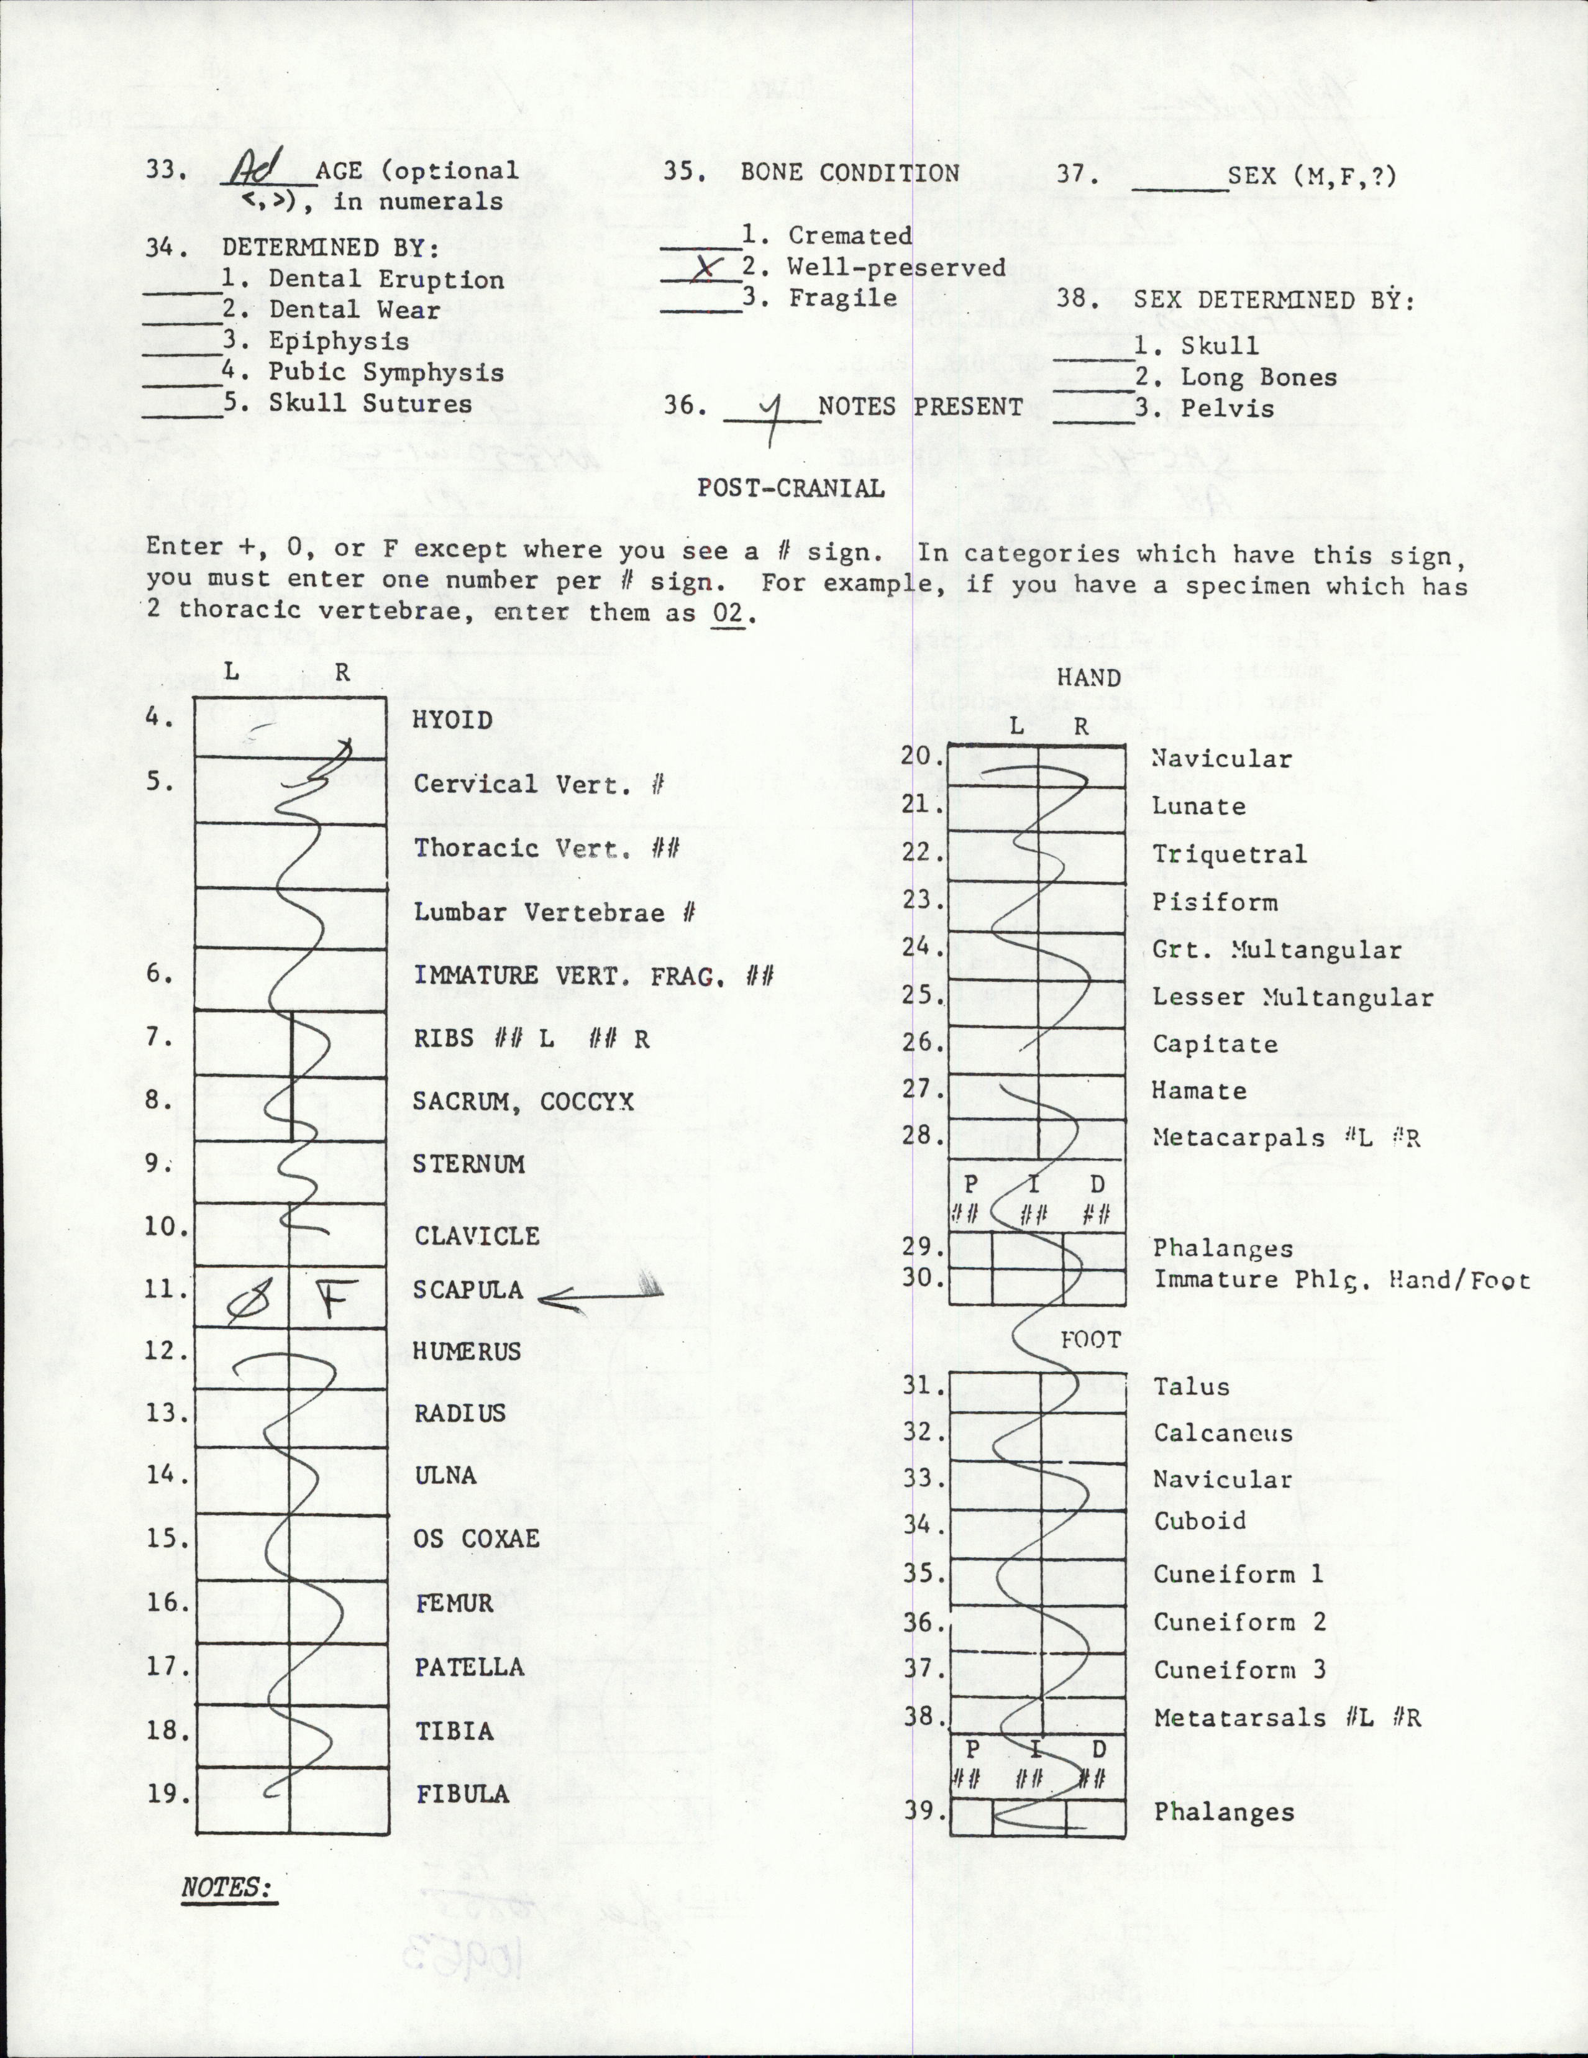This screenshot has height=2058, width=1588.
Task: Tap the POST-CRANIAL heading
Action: point(791,488)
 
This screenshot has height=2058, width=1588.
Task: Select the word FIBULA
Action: point(463,1794)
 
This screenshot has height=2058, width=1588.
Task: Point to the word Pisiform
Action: point(1215,902)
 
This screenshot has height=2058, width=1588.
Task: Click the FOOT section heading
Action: point(1090,1340)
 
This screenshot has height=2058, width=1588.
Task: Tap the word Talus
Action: point(1191,1387)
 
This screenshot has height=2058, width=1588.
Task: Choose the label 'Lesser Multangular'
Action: point(1293,997)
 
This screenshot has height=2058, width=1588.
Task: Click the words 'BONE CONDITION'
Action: point(849,173)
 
